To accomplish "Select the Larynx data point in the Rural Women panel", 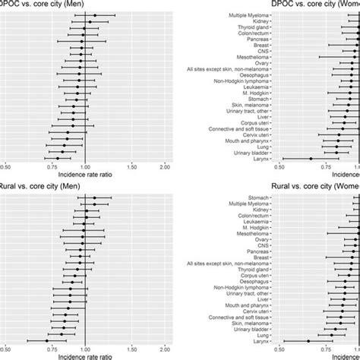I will click(309, 341).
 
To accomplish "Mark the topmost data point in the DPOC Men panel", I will click(94, 15).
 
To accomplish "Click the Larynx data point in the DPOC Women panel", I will click(310, 159).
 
